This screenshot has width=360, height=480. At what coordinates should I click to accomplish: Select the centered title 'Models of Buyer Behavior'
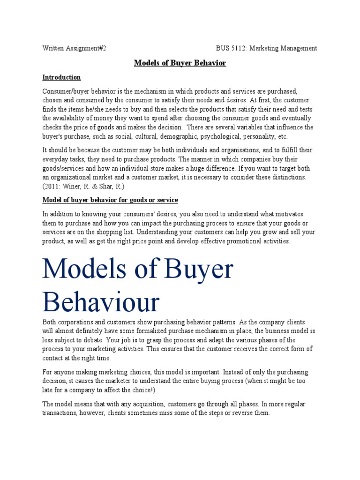(180, 63)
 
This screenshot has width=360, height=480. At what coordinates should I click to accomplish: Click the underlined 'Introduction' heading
(61, 77)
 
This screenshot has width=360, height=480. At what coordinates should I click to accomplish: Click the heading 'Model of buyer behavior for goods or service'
(110, 200)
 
